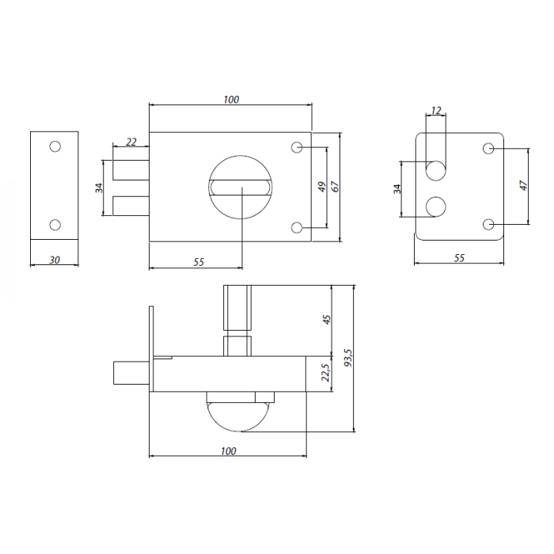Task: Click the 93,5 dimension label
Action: (x=348, y=358)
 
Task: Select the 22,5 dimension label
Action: (x=325, y=373)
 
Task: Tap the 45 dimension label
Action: (x=327, y=320)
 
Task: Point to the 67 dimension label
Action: (x=335, y=187)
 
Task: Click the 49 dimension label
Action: (x=321, y=187)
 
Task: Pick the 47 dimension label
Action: (x=523, y=185)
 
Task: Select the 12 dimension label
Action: (x=436, y=111)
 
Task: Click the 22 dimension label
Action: (x=131, y=142)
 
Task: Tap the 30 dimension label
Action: (x=55, y=260)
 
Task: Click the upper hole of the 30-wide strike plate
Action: (x=55, y=146)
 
